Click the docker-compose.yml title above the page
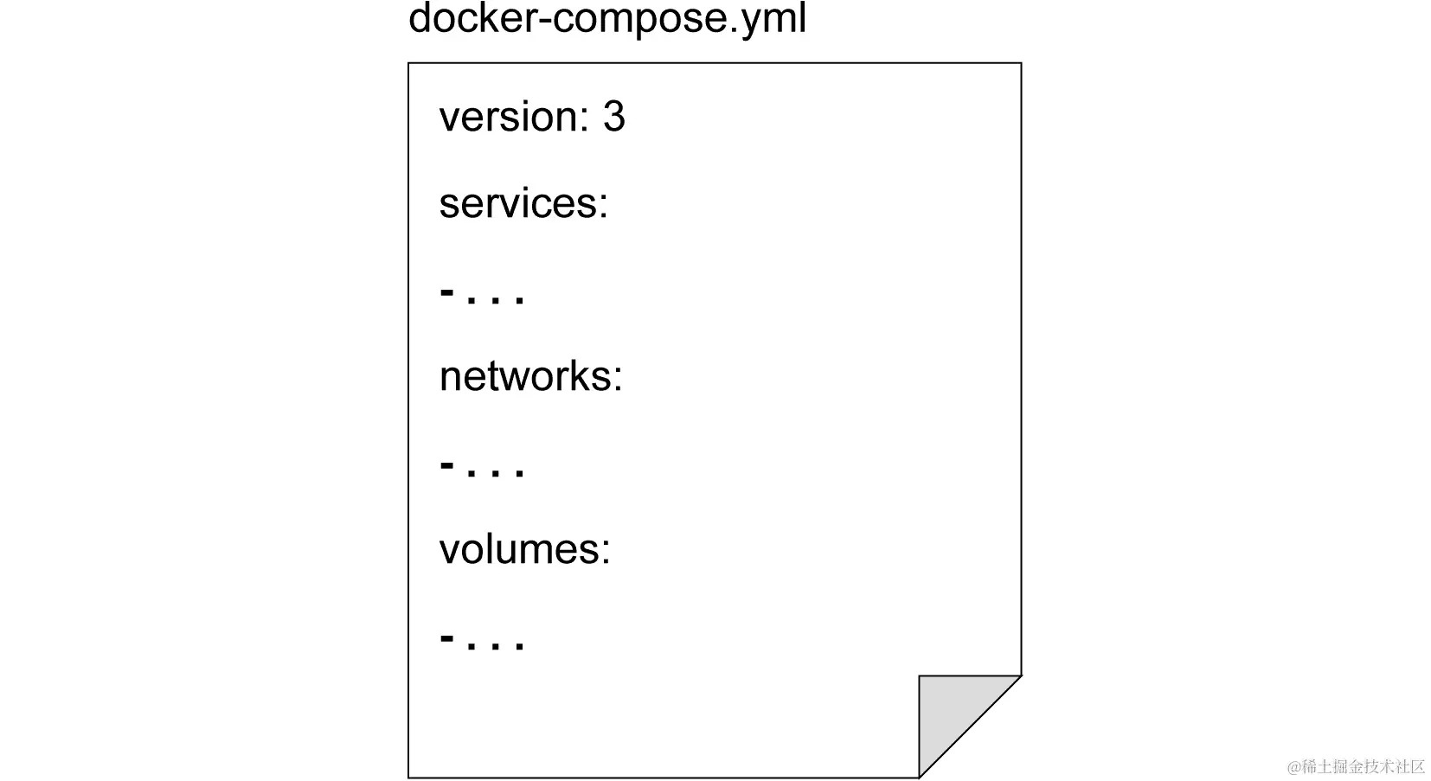(606, 19)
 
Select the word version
(507, 118)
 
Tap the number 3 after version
(613, 118)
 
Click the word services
(517, 204)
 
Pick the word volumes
(518, 550)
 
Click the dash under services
(447, 292)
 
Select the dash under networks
(447, 465)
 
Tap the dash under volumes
(447, 638)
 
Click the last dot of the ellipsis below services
(519, 301)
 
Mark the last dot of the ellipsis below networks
(519, 474)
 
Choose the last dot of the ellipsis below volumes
(519, 647)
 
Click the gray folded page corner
(952, 710)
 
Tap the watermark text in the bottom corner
(1356, 766)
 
